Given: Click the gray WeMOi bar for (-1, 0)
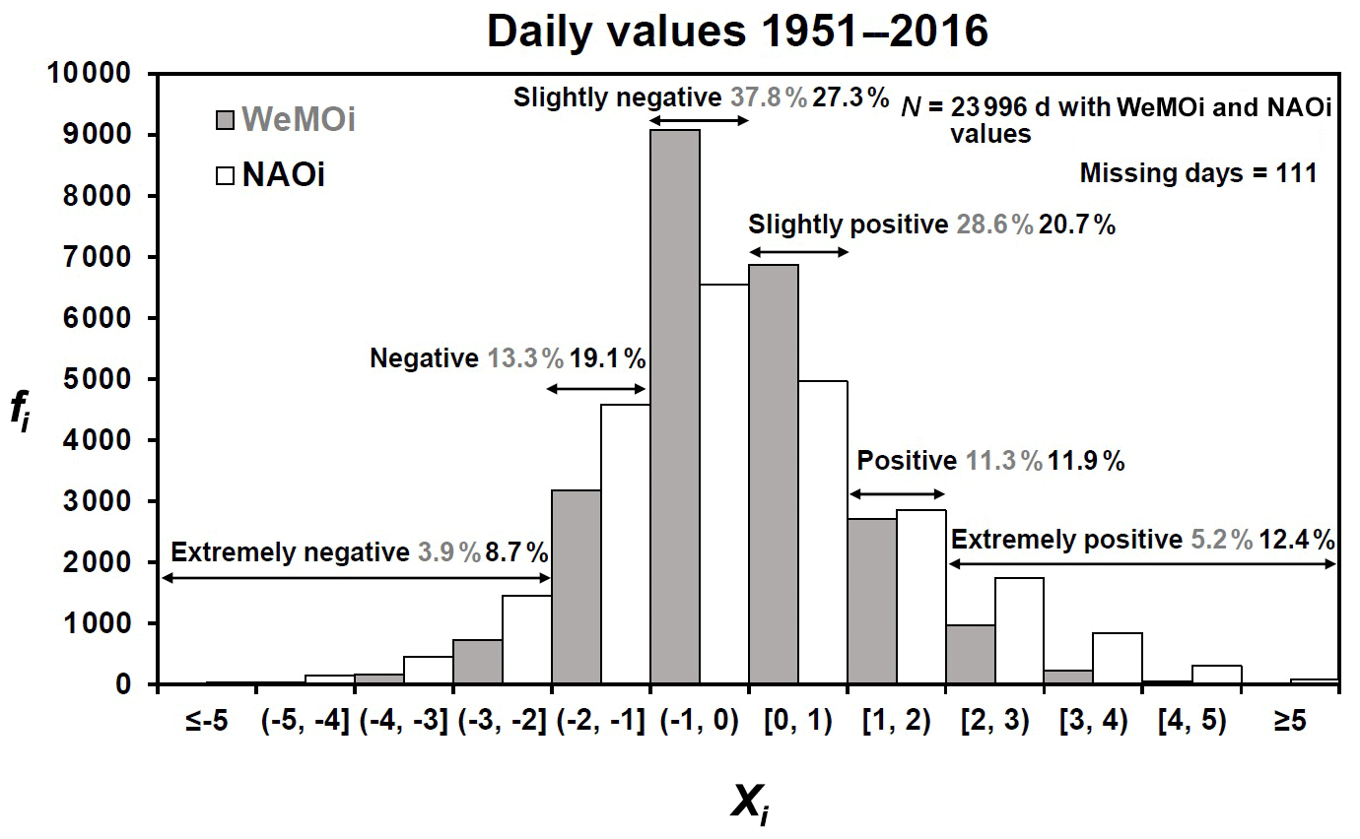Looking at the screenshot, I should click(x=675, y=406).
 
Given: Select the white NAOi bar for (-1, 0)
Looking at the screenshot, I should click(x=724, y=484).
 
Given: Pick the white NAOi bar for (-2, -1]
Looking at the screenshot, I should click(x=626, y=544).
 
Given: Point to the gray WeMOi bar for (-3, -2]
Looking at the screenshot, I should click(x=478, y=661).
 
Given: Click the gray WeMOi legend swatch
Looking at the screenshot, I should click(x=227, y=120).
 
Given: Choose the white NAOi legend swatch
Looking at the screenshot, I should click(x=227, y=175).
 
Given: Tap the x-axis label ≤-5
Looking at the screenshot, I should click(x=207, y=721).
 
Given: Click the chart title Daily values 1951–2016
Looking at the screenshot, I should click(x=736, y=32).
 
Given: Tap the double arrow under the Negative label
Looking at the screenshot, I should click(x=596, y=389).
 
